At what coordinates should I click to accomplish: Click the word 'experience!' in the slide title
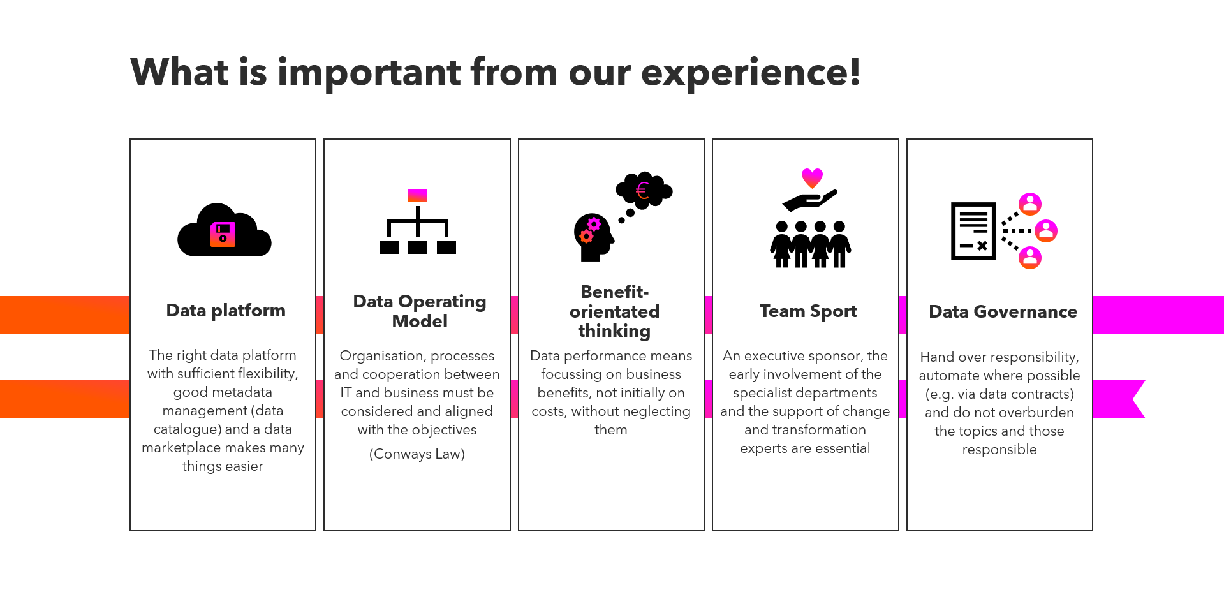click(751, 72)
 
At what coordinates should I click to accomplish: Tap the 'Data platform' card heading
click(226, 311)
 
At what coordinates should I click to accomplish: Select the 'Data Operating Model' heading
click(420, 311)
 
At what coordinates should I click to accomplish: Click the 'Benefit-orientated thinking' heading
click(614, 311)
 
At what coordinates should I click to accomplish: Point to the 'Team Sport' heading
click(808, 311)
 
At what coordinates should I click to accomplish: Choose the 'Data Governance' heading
click(1003, 312)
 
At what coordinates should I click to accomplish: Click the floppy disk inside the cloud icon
click(223, 234)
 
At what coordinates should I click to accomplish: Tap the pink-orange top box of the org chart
click(418, 195)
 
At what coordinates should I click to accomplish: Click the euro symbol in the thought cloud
click(642, 190)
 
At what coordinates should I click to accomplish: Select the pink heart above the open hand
click(812, 177)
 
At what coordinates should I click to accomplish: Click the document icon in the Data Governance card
click(973, 231)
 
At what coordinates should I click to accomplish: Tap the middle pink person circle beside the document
click(1046, 231)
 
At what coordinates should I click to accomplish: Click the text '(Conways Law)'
click(417, 454)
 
